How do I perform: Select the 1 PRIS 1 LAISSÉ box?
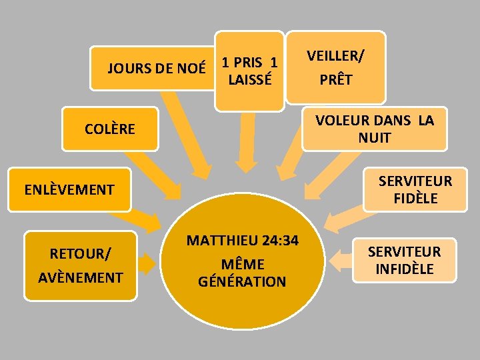[x=249, y=71]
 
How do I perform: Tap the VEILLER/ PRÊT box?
[x=335, y=67]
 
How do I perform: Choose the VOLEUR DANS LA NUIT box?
[x=374, y=129]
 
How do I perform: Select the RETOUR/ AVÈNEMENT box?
[x=80, y=265]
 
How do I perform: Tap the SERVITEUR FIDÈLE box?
[x=415, y=189]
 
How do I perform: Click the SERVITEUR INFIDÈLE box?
[x=404, y=260]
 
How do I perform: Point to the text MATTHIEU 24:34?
[x=242, y=241]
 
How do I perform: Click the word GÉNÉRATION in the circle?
[x=242, y=281]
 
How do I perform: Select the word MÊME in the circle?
[x=242, y=264]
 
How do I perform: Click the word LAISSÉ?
[x=249, y=80]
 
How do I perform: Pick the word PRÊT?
[x=335, y=80]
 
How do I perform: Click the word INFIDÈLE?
[x=404, y=269]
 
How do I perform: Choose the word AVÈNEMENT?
[x=81, y=277]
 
